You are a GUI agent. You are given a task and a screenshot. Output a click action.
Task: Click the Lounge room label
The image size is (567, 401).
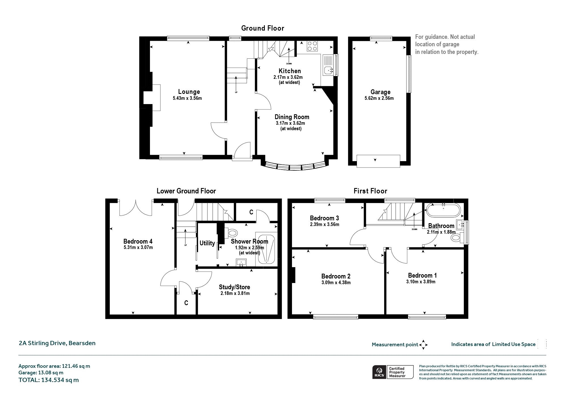pyautogui.click(x=189, y=92)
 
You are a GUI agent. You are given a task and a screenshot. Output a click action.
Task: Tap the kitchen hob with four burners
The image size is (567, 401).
pyautogui.click(x=312, y=46)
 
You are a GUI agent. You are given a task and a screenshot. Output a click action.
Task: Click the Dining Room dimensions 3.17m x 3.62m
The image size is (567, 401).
pyautogui.click(x=290, y=123)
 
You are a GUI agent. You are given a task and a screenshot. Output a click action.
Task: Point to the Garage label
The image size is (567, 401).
pyautogui.click(x=380, y=92)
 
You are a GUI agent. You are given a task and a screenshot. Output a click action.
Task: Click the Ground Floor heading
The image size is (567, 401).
pyautogui.click(x=263, y=28)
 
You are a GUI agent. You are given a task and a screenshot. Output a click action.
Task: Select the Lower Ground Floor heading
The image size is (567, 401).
pyautogui.click(x=186, y=191)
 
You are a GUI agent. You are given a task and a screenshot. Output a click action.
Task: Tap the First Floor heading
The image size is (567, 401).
pyautogui.click(x=370, y=191)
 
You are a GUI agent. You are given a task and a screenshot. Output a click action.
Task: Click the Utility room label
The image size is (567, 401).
pyautogui.click(x=207, y=243)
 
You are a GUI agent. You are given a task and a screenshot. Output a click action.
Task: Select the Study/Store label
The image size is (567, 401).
pyautogui.click(x=234, y=287)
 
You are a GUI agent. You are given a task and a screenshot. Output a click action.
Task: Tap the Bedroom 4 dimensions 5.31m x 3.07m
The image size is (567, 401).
pyautogui.click(x=138, y=247)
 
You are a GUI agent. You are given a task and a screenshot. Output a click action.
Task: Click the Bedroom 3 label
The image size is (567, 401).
pyautogui.click(x=324, y=218)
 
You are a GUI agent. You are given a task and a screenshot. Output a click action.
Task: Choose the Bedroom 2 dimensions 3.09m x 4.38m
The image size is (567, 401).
pyautogui.click(x=336, y=282)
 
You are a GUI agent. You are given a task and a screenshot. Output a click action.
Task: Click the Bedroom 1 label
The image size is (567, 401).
pyautogui.click(x=422, y=275)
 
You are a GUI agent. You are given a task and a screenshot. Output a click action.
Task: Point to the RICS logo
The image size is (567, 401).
pyautogui.click(x=379, y=372)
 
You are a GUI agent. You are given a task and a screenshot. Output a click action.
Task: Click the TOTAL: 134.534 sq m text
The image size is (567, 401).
pyautogui.click(x=48, y=380)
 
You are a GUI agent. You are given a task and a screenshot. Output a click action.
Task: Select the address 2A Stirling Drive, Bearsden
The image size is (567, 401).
pyautogui.click(x=57, y=343)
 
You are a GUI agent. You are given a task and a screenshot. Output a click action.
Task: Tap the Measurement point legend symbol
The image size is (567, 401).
pyautogui.click(x=423, y=345)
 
